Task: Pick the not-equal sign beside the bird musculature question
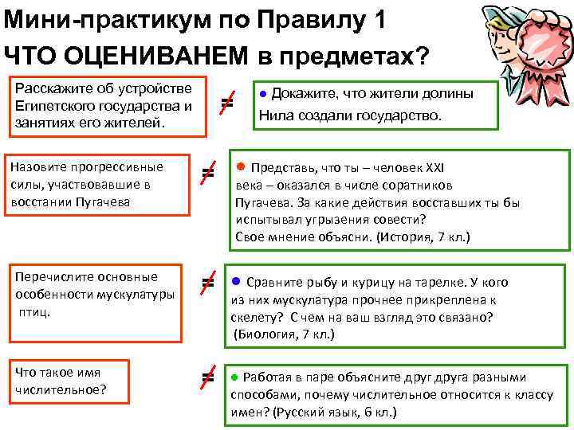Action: (x=207, y=282)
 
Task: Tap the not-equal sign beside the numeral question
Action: (x=207, y=377)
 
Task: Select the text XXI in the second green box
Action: (x=434, y=168)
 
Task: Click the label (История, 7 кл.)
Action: (x=423, y=236)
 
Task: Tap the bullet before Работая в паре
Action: (x=234, y=377)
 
